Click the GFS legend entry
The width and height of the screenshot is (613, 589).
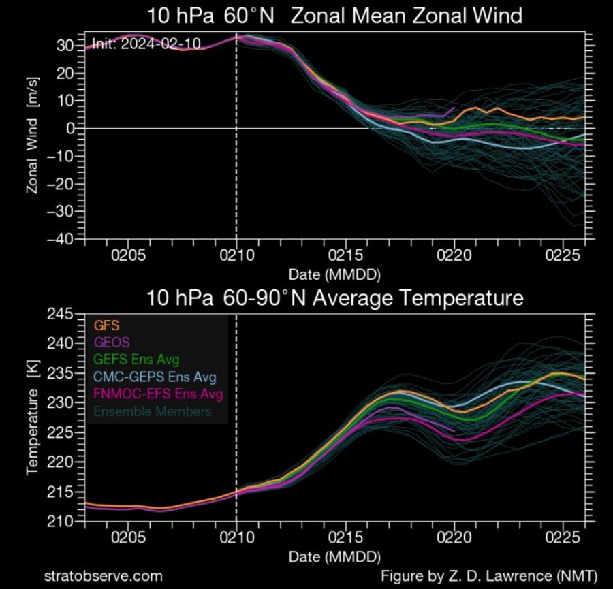(x=103, y=325)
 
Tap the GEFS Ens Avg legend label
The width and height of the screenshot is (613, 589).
(x=133, y=360)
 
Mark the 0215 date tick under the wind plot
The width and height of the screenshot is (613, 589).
(x=345, y=256)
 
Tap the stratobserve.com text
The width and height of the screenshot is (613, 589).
(x=103, y=575)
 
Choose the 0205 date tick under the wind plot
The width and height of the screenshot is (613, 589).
(x=127, y=256)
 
